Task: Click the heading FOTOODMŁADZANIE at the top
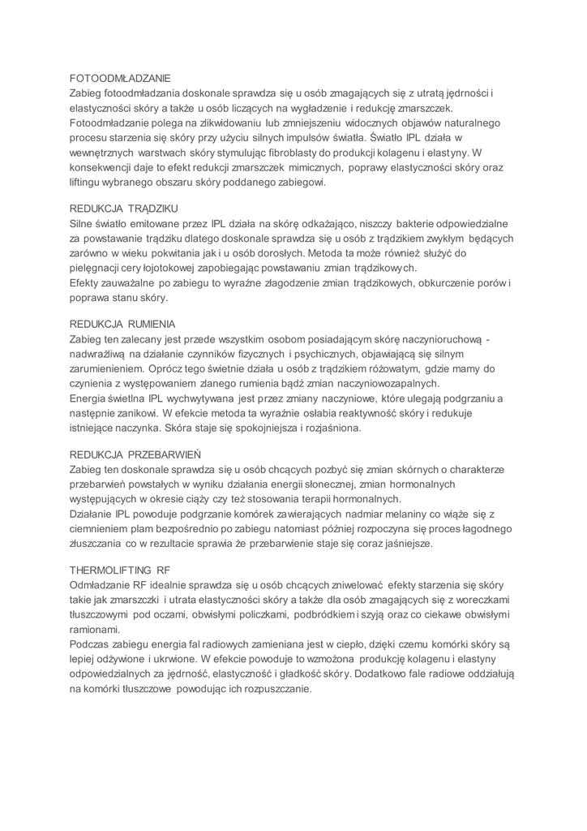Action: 120,79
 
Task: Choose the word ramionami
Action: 95,629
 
